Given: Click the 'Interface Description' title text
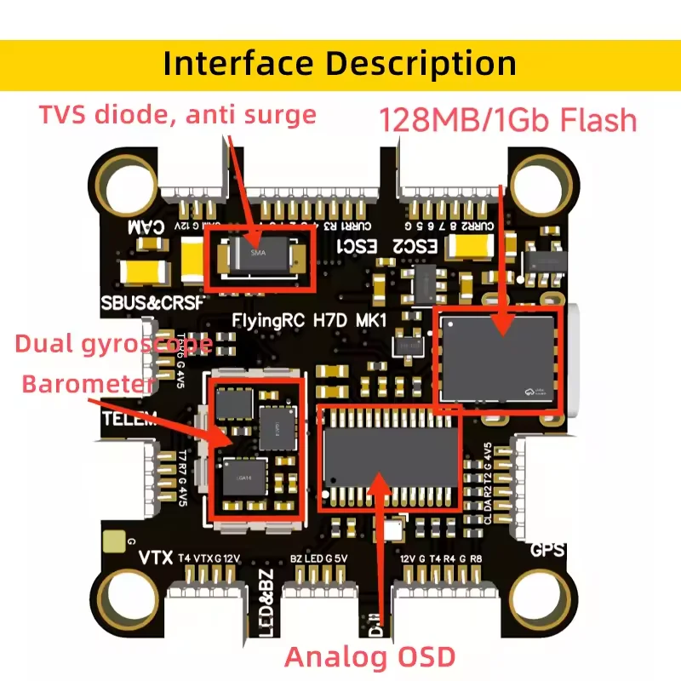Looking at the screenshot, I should [340, 63].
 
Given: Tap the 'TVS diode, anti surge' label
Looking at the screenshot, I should [177, 114].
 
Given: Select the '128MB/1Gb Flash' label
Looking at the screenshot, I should [508, 119].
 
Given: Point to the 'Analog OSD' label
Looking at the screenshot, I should [370, 656].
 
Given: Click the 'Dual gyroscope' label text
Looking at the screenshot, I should [114, 345].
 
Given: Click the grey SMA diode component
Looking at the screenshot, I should [259, 255].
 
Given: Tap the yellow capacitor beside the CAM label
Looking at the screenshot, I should [150, 272].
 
